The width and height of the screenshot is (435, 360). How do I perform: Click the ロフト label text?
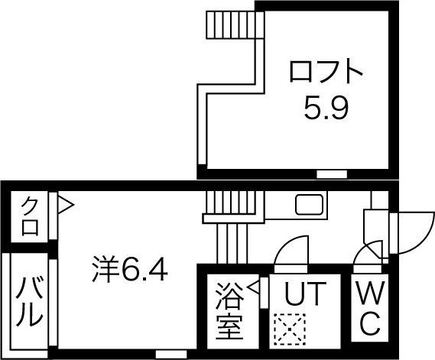tap(326, 71)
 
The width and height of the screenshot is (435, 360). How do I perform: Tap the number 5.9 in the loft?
tap(326, 108)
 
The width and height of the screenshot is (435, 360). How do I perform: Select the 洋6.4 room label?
tap(130, 269)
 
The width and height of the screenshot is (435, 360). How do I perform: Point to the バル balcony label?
tap(29, 303)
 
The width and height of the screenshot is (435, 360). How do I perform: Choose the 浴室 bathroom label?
tap(230, 311)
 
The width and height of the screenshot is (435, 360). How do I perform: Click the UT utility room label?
tap(305, 293)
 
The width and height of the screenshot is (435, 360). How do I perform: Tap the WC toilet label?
tap(370, 308)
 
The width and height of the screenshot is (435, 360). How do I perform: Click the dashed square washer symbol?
tap(290, 329)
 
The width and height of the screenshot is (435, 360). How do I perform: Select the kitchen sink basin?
tap(310, 205)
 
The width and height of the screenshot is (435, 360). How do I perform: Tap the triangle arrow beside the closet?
tap(66, 206)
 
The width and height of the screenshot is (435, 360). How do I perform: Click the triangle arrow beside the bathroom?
tap(254, 287)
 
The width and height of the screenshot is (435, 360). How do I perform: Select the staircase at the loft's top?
tap(235, 24)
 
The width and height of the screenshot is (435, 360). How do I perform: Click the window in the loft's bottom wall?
tap(332, 174)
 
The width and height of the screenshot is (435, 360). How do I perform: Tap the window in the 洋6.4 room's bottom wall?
tap(171, 354)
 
